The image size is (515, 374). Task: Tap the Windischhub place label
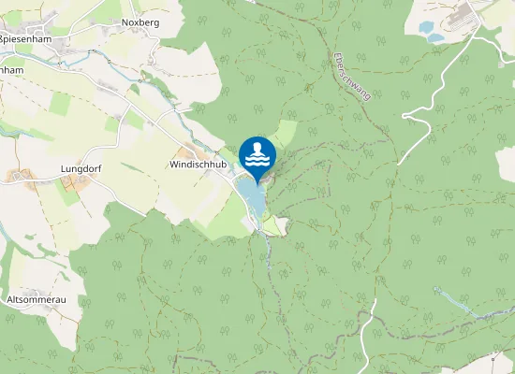pos(199,164)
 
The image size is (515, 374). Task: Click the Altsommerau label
pos(37,300)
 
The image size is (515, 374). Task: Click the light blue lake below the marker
pos(251,196)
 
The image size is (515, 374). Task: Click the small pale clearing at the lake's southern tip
pos(274,225)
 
